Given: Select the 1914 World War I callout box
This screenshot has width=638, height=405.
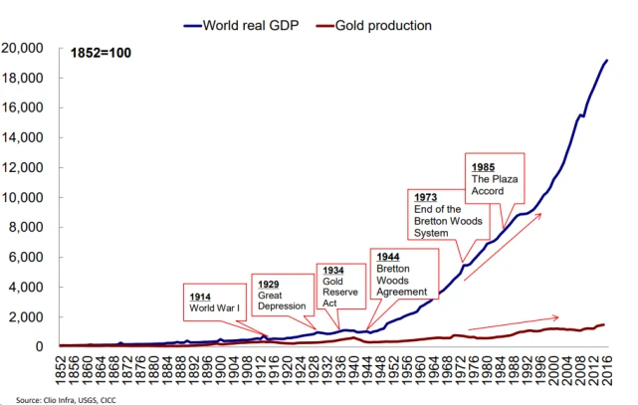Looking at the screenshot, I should (x=220, y=302).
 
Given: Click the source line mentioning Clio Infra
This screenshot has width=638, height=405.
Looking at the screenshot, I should (x=59, y=399).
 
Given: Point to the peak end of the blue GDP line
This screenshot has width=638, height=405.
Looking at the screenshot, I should (x=607, y=61).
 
